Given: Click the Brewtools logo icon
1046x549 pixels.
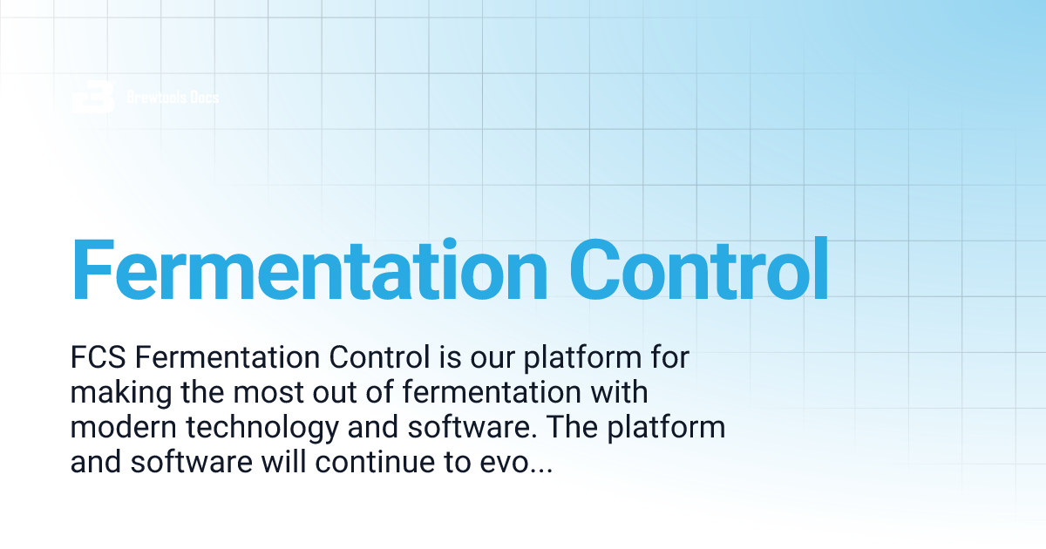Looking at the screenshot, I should [93, 97].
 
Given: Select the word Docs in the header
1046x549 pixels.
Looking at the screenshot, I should [202, 97].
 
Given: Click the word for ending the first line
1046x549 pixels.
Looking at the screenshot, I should [670, 358].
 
